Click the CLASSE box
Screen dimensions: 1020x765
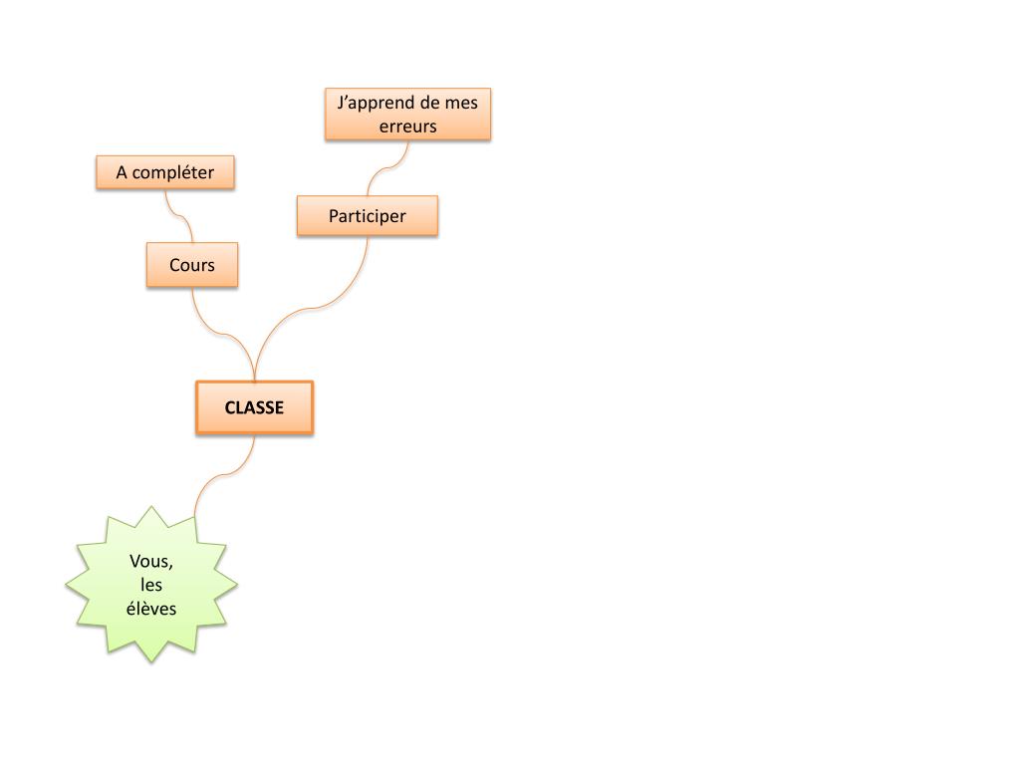(x=254, y=407)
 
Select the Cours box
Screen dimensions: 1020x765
(x=192, y=265)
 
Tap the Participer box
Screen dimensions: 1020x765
(x=368, y=215)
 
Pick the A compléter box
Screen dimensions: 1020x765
(x=165, y=172)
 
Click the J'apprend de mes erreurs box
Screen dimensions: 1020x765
(x=407, y=114)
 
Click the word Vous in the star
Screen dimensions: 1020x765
(x=149, y=562)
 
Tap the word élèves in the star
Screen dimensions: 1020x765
(x=151, y=608)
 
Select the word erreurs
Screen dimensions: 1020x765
(x=407, y=127)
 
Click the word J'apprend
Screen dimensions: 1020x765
(x=369, y=103)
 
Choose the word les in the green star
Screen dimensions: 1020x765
(x=151, y=585)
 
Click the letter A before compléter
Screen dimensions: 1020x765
(x=122, y=172)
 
